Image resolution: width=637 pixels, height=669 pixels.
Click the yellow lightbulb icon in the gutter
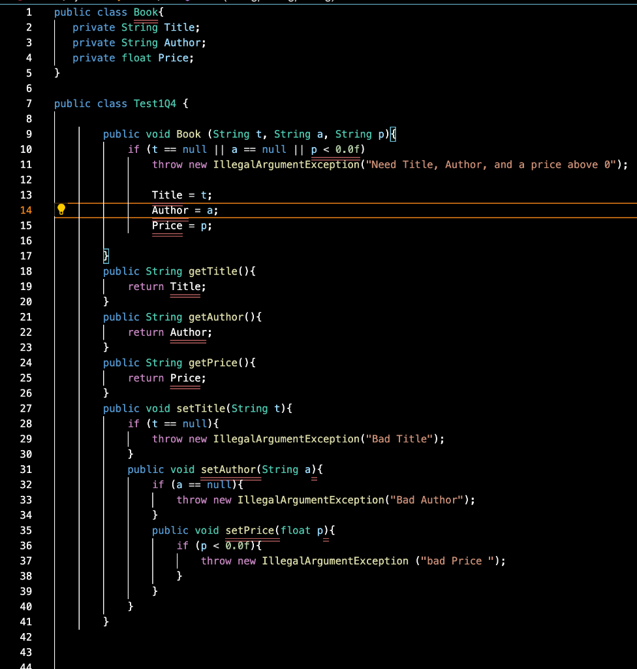pyautogui.click(x=61, y=210)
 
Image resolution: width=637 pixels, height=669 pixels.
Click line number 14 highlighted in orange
pyautogui.click(x=26, y=210)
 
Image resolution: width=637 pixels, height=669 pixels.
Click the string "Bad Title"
pyautogui.click(x=399, y=438)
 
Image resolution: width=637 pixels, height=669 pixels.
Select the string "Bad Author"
pyautogui.click(x=427, y=500)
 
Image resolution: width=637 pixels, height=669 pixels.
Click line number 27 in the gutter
pyautogui.click(x=26, y=408)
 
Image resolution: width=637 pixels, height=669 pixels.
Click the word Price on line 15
pyautogui.click(x=167, y=225)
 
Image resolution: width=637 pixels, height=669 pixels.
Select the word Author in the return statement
pyautogui.click(x=189, y=332)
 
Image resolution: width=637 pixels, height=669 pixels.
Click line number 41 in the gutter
pyautogui.click(x=26, y=621)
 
